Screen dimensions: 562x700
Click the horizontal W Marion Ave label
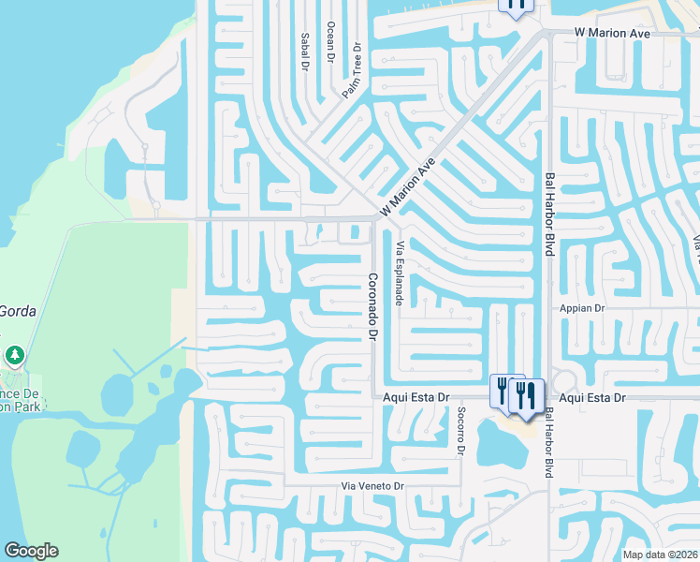point(611,34)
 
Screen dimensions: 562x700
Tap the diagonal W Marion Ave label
point(409,186)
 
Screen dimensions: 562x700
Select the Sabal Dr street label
point(305,52)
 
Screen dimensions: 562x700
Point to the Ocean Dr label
point(329,42)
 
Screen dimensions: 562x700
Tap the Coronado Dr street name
point(372,306)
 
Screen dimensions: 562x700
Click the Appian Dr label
point(583,307)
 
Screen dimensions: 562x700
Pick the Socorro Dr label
point(460,430)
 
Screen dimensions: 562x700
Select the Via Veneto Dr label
point(372,487)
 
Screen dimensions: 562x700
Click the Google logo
point(31,551)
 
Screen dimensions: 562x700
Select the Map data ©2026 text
point(660,555)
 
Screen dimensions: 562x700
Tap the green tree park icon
point(14,355)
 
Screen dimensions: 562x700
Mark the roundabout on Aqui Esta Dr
point(564,382)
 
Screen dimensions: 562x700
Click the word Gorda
point(18,311)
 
